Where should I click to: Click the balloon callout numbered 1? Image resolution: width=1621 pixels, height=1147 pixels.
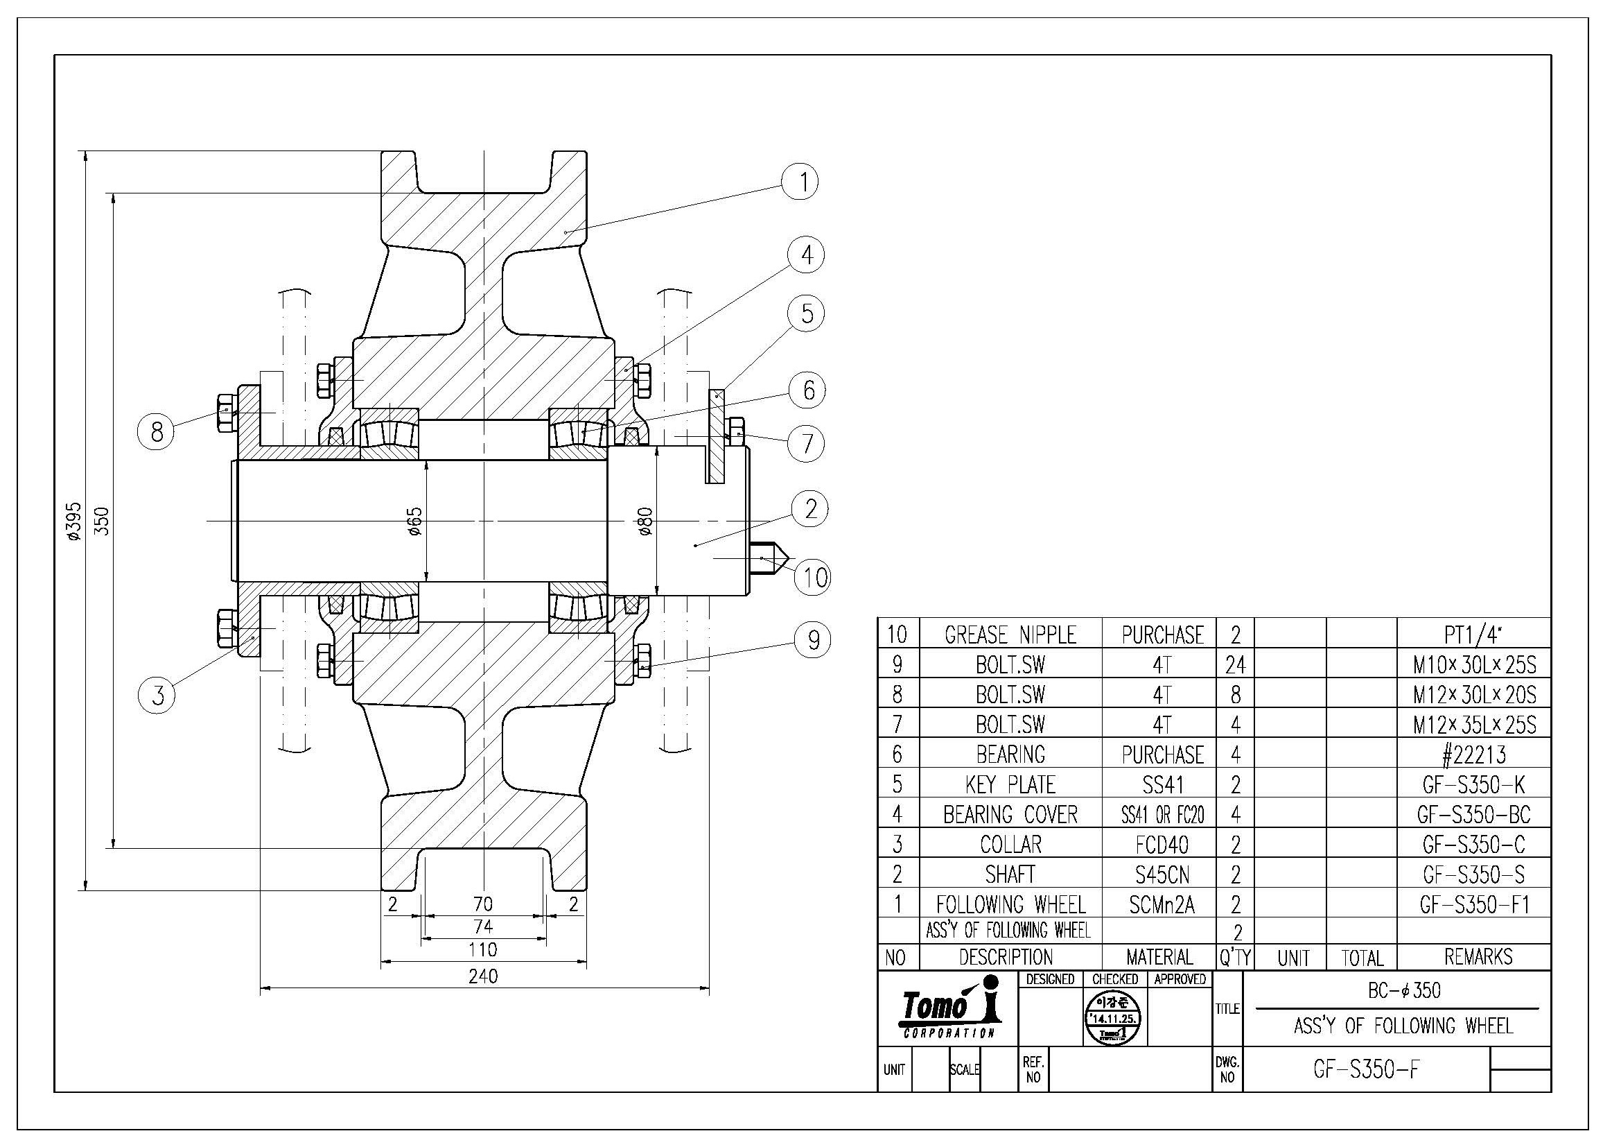coord(800,182)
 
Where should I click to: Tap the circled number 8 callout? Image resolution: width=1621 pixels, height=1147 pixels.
coord(157,431)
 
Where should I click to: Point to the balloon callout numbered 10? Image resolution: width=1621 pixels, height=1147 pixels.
coord(814,577)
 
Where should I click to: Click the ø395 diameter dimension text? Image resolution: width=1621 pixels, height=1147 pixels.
coord(74,521)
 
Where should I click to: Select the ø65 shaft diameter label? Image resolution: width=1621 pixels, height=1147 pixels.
coord(415,521)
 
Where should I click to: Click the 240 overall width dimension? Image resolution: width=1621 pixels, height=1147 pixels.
coord(483,976)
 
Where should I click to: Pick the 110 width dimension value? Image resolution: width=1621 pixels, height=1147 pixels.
coord(483,949)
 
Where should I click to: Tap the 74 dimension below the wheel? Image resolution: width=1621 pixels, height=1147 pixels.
coord(483,926)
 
